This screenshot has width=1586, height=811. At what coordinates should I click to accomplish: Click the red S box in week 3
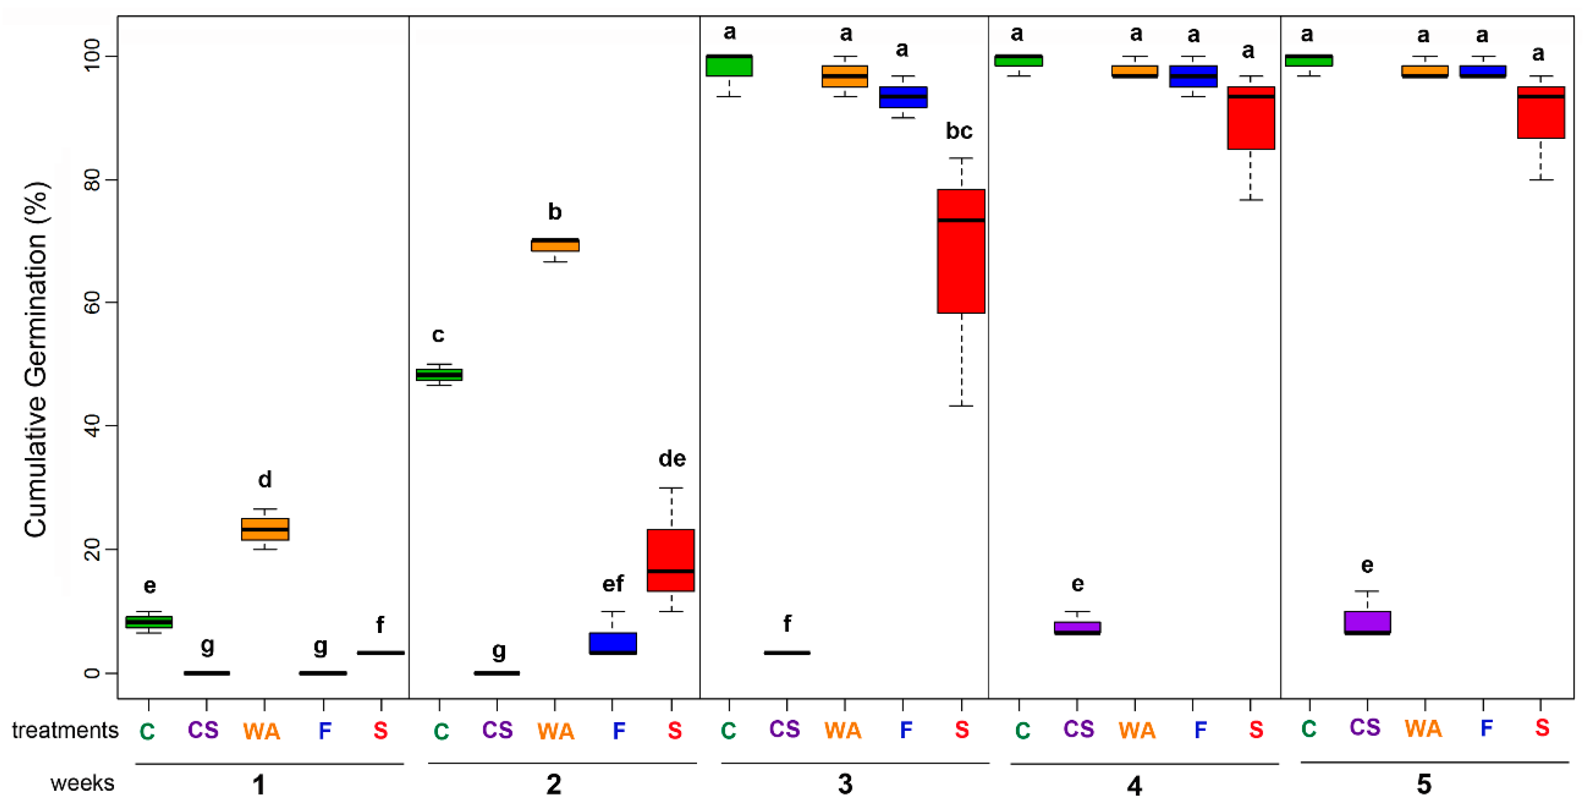pos(961,251)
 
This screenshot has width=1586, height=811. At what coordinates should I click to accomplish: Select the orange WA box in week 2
pos(555,245)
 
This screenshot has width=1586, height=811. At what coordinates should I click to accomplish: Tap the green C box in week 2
pos(439,375)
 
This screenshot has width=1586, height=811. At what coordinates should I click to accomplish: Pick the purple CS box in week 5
pos(1367,622)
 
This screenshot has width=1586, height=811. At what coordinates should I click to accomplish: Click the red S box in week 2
pos(670,560)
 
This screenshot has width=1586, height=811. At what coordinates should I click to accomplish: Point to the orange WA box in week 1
pos(265,529)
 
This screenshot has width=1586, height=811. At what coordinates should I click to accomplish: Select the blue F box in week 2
pos(613,643)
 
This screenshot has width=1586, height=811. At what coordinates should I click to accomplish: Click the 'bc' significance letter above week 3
pos(959,131)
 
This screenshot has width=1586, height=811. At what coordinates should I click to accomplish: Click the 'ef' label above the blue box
pos(613,583)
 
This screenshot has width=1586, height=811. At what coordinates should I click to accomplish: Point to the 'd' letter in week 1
pos(265,479)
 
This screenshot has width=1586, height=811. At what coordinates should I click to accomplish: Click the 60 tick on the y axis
pos(92,302)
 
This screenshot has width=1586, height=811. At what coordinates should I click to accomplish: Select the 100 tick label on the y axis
pos(92,56)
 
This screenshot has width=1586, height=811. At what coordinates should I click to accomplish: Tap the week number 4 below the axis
pos(1134,786)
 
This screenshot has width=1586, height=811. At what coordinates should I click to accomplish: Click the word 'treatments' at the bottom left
pos(64,730)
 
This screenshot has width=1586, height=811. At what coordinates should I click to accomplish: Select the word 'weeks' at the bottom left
pos(82,784)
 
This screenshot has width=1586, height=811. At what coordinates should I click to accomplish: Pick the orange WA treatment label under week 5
pos(1423,729)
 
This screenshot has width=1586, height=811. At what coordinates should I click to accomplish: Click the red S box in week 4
pos(1250,118)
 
